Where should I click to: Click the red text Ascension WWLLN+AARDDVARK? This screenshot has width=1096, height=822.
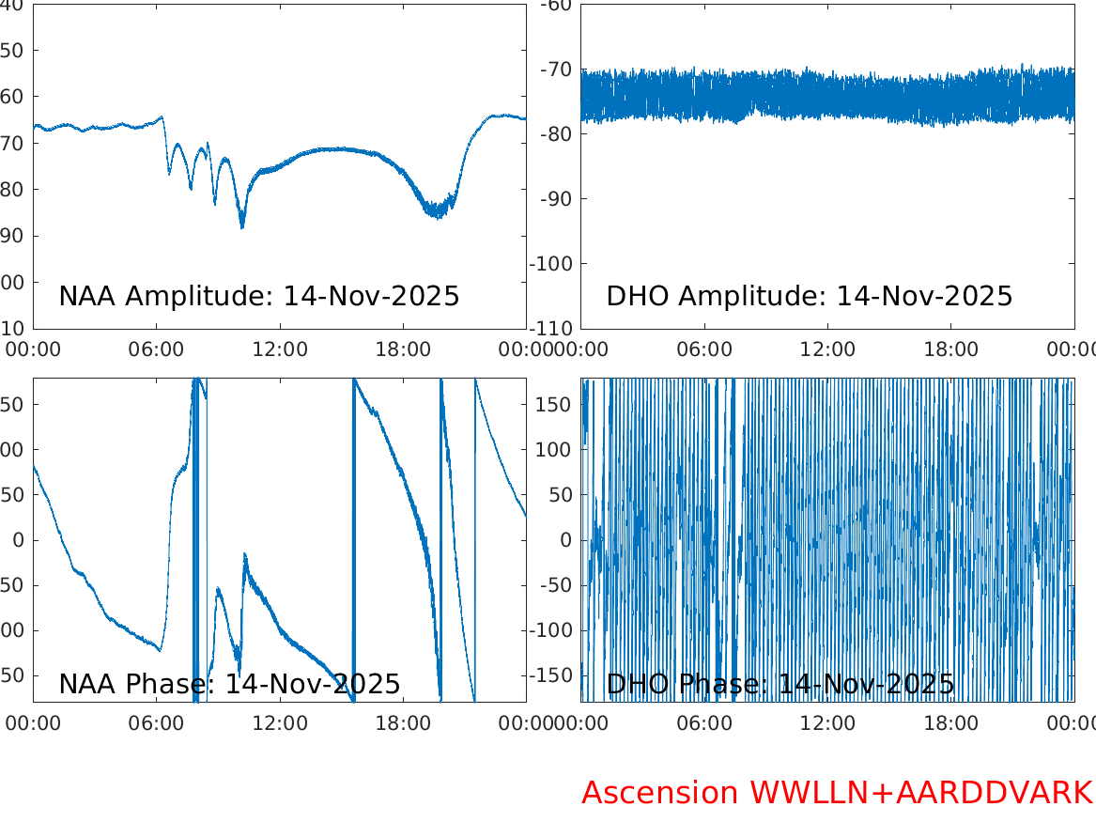pos(837,793)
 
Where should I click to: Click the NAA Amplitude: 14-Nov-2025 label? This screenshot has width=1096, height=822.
pos(259,296)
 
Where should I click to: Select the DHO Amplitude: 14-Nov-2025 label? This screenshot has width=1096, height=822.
pos(810,296)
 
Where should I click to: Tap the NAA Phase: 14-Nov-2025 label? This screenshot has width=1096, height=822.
pos(229,684)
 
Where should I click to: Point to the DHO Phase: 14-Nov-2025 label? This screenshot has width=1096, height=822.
pos(780,684)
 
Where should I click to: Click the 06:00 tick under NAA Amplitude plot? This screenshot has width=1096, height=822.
pos(156,349)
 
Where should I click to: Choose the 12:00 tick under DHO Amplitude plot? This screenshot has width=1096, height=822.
pos(827,349)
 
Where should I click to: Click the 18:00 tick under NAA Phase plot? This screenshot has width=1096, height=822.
pos(403,723)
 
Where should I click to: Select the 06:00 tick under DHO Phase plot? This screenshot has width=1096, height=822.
pos(704,723)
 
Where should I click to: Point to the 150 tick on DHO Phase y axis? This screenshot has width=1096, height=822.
pos(553,404)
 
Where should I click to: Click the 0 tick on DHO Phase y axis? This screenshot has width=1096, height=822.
pos(565,540)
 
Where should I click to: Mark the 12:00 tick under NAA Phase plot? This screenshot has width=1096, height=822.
pos(280,723)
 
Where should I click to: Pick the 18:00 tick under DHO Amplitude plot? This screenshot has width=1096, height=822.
pos(951,349)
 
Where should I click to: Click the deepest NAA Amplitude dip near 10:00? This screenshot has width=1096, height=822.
pos(241,225)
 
